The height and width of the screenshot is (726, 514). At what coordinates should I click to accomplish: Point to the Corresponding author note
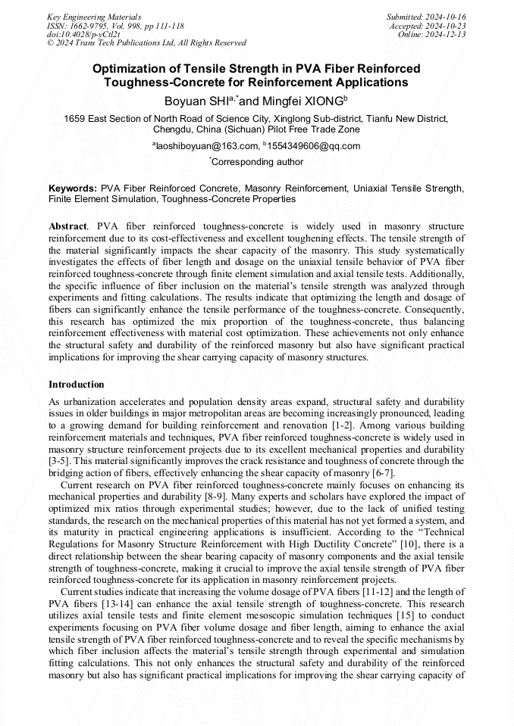(258, 161)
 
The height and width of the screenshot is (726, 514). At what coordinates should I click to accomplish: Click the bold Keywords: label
(73, 188)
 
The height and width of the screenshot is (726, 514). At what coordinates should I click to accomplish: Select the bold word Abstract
(67, 226)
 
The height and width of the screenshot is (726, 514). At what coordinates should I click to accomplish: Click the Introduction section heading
(77, 384)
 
